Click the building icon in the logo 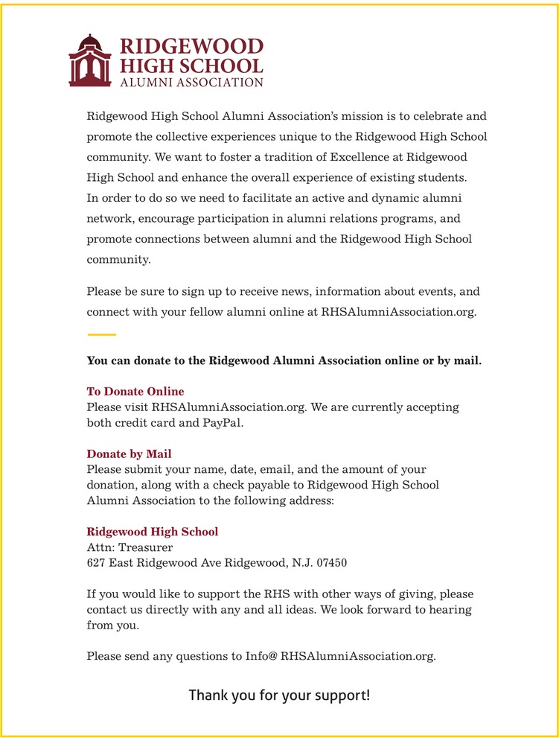[x=89, y=60]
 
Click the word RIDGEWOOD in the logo [x=192, y=47]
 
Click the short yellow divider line [x=101, y=334]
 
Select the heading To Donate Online [x=135, y=391]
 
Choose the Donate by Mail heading [x=129, y=454]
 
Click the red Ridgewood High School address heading [x=153, y=532]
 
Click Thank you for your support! [x=279, y=696]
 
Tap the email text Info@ [x=261, y=656]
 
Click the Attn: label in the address [x=100, y=547]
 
